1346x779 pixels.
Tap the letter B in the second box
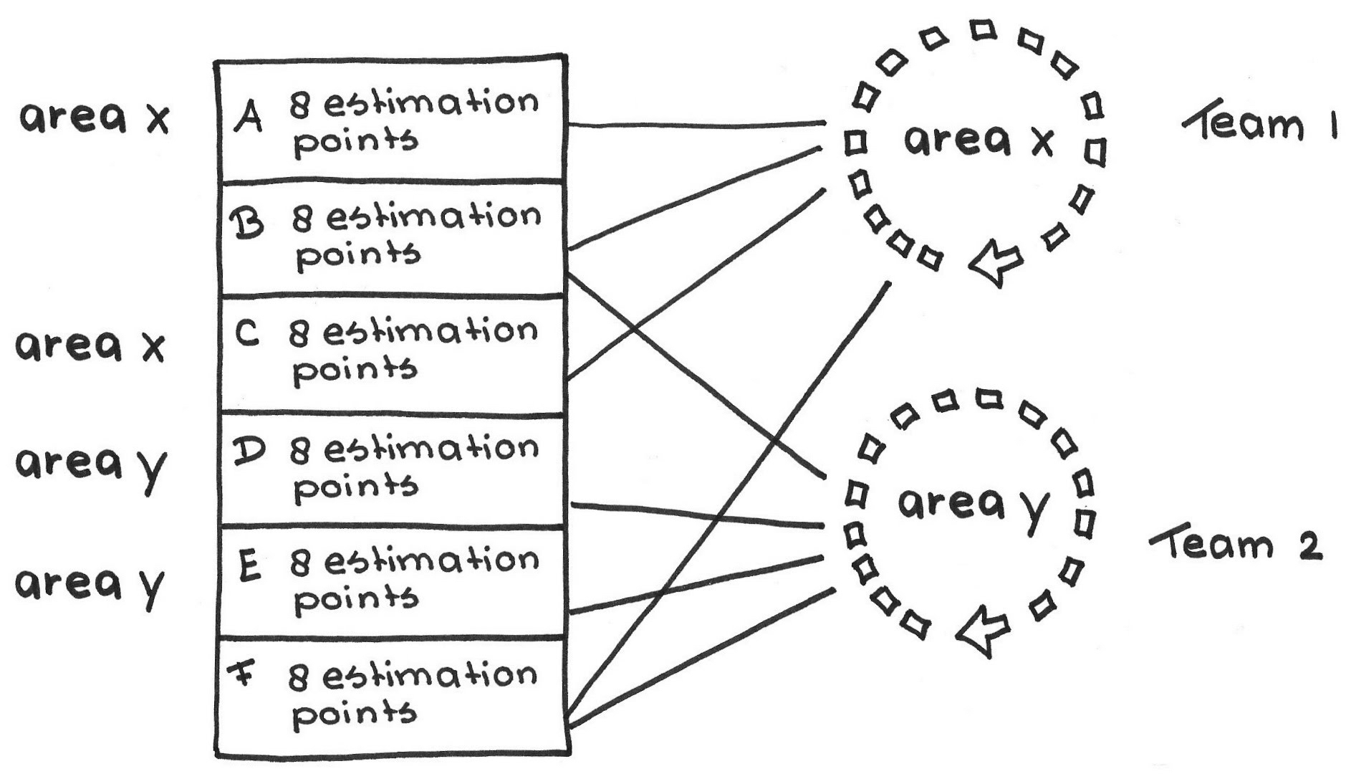[x=246, y=224]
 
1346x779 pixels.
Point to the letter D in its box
[x=248, y=450]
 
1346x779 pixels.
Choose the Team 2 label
[x=1236, y=546]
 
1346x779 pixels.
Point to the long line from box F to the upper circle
[x=731, y=494]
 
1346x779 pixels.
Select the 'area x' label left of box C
[x=90, y=347]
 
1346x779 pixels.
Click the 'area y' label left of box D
[x=90, y=466]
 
